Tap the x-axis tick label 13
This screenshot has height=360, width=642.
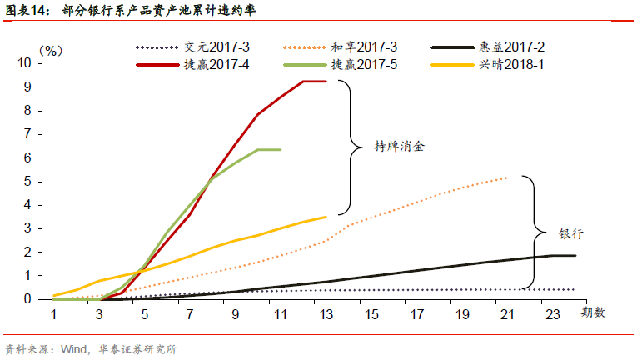coord(326,313)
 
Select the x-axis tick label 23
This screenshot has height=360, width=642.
coord(552,313)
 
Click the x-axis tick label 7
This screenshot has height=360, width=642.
coord(190,313)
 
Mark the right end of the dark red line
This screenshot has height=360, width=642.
coord(326,81)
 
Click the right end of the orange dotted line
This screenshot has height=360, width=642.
coord(507,177)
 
